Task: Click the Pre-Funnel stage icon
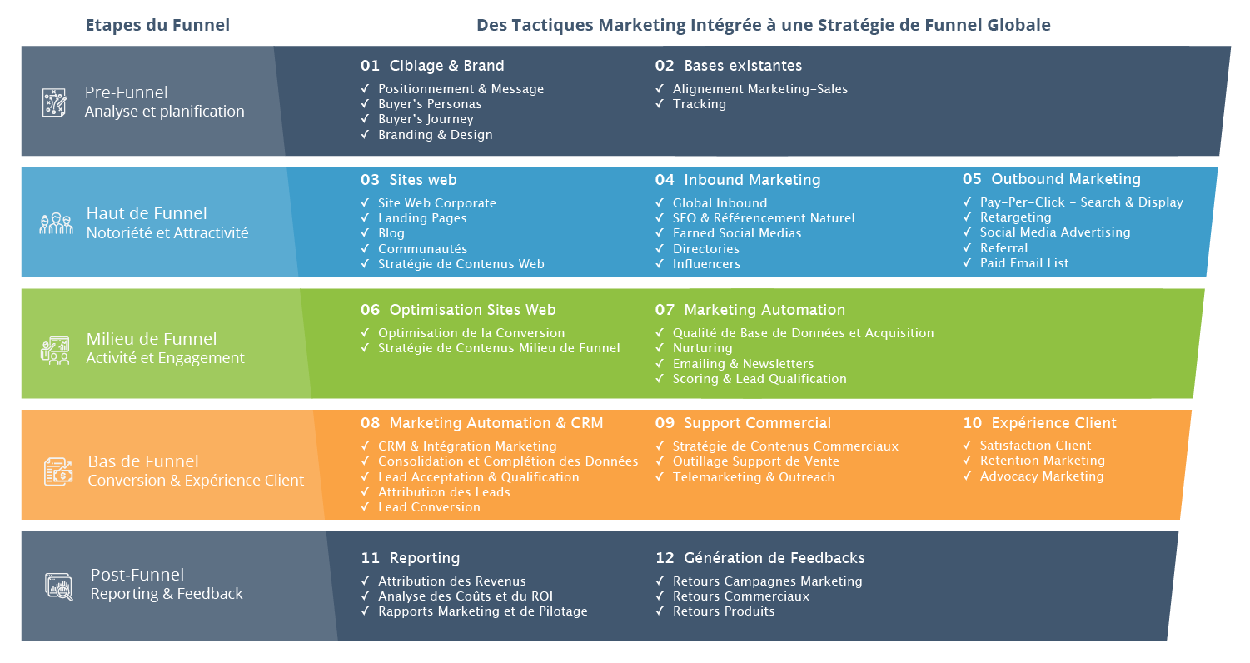(x=55, y=102)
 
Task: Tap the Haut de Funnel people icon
(x=56, y=223)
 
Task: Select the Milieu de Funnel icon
(x=56, y=349)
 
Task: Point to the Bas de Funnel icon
(x=57, y=471)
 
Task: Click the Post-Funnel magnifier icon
(x=58, y=586)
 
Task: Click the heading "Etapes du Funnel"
(x=157, y=25)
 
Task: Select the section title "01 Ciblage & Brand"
(x=432, y=66)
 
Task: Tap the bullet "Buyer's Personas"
(x=430, y=104)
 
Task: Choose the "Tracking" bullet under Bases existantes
(x=699, y=104)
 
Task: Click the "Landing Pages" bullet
(x=422, y=218)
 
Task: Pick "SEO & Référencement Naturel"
(x=764, y=218)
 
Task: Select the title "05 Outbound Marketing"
(x=1051, y=179)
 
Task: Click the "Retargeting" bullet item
(x=1015, y=217)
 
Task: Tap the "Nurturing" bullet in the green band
(x=702, y=348)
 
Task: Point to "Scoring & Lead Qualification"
(x=759, y=379)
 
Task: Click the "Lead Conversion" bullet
(x=429, y=507)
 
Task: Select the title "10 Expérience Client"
(x=1039, y=423)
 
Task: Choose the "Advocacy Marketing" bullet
(x=1041, y=476)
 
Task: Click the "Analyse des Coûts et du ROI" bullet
(x=465, y=596)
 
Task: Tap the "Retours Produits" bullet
(x=724, y=611)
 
